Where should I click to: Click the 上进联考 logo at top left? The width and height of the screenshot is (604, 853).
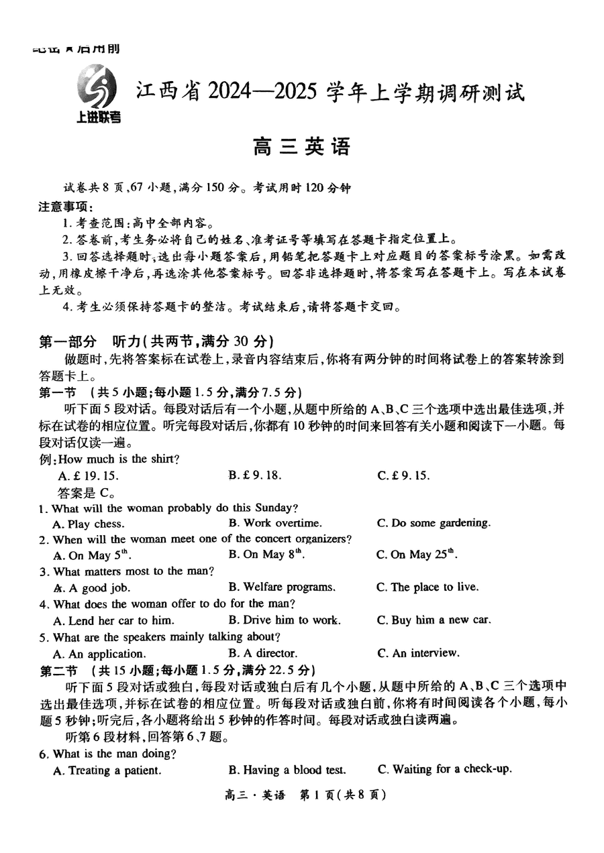(98, 96)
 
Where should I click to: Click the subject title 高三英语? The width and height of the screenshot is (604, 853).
(301, 146)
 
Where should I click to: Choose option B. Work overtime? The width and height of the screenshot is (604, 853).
(274, 523)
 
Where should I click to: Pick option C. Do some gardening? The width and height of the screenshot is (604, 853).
(433, 523)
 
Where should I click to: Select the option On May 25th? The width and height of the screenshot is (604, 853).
(416, 555)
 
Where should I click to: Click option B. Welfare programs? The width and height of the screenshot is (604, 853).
(281, 587)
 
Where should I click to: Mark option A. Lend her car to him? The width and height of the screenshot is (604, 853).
(113, 620)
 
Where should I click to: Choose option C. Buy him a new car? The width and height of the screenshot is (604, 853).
(433, 620)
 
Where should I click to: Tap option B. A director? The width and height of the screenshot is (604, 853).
(262, 653)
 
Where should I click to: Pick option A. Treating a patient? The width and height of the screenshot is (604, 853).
(107, 771)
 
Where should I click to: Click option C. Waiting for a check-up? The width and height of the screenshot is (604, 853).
(444, 770)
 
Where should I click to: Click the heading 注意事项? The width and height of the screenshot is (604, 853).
(64, 209)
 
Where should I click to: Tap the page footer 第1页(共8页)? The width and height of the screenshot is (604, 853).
(342, 795)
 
